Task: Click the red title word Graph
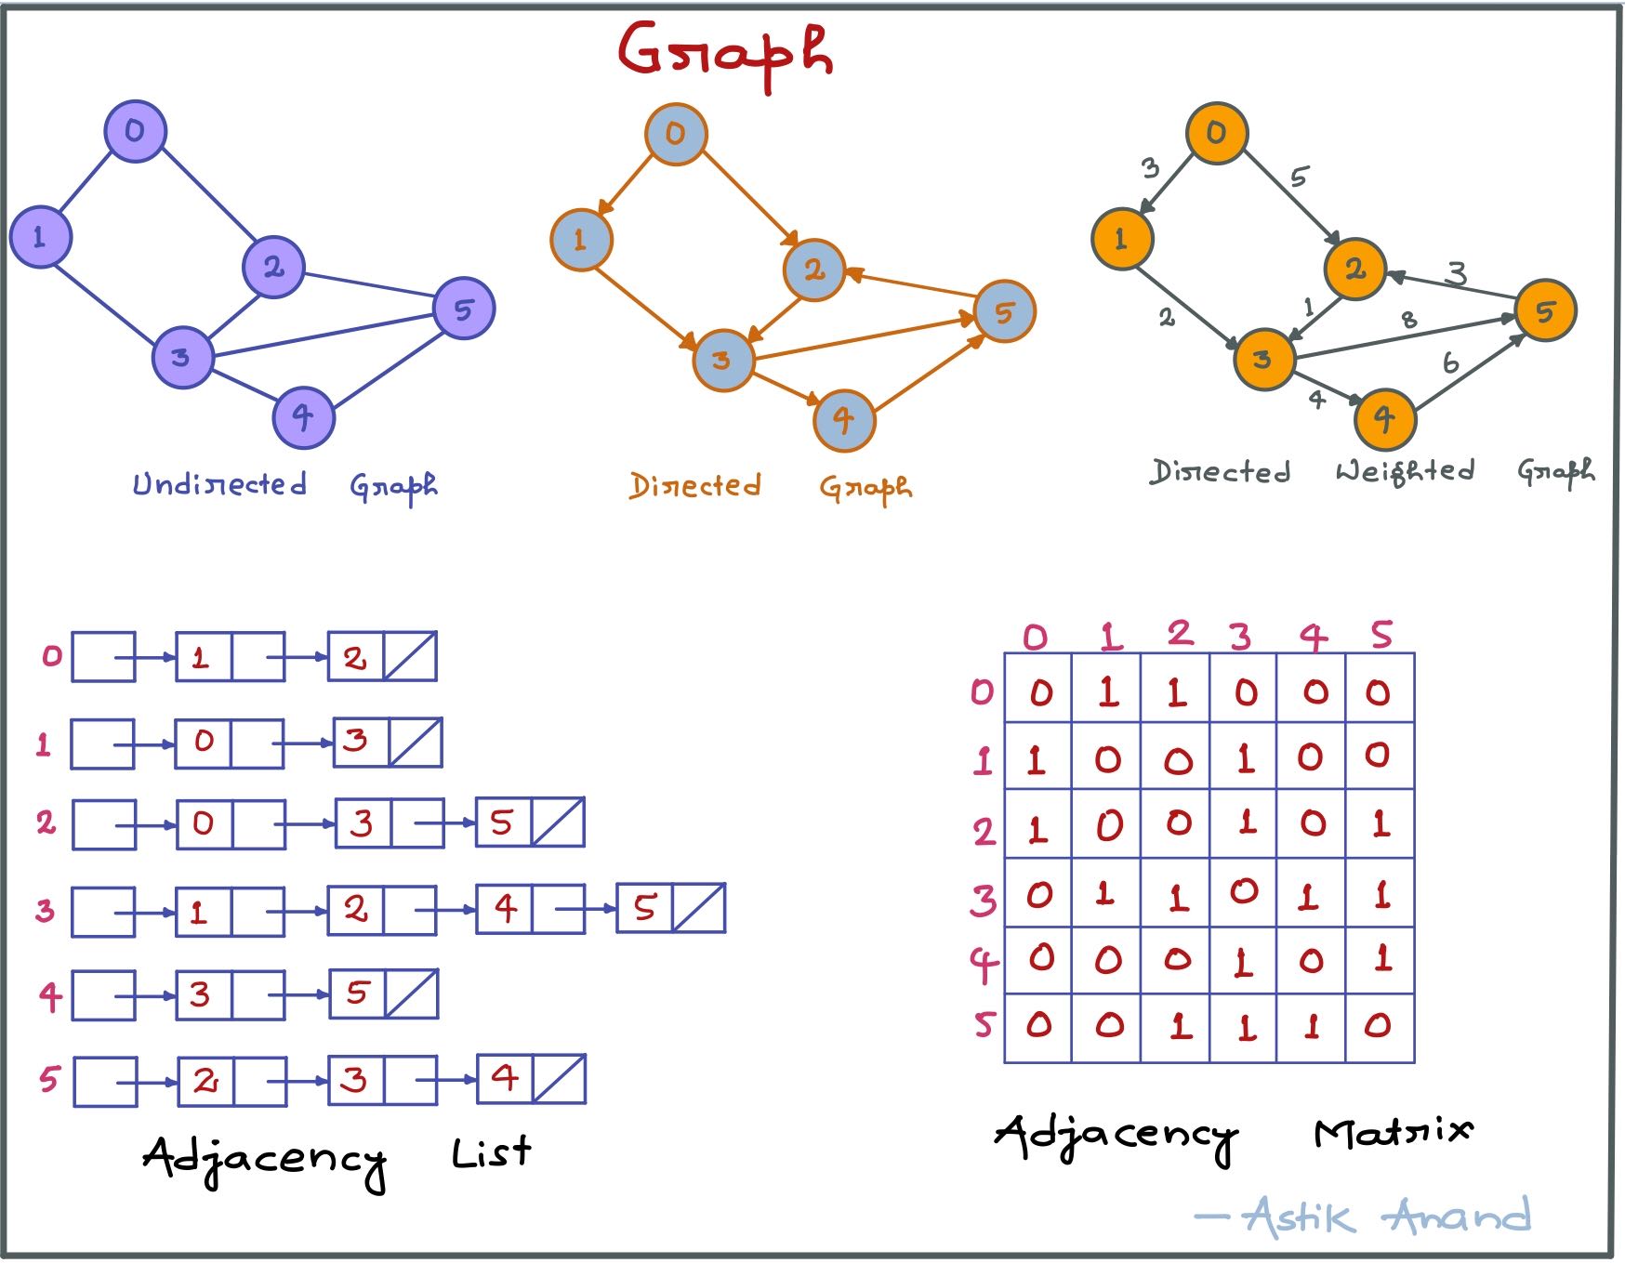click(725, 53)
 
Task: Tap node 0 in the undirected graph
click(135, 131)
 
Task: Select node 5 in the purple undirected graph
click(464, 309)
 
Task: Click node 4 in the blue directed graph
click(844, 420)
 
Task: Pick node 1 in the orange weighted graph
click(1121, 239)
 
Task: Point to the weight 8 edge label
click(1409, 320)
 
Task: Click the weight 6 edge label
click(1450, 363)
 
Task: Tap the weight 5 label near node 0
click(1300, 177)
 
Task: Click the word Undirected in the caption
click(219, 484)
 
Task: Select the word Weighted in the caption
click(1405, 471)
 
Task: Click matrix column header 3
click(1240, 637)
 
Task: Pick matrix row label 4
click(983, 965)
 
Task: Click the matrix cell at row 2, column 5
click(1381, 823)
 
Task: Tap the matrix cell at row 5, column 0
click(1038, 1026)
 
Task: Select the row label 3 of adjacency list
click(45, 911)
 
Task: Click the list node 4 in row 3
click(505, 909)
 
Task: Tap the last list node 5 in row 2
click(502, 822)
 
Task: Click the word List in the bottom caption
click(491, 1153)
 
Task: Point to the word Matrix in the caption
click(1393, 1131)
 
